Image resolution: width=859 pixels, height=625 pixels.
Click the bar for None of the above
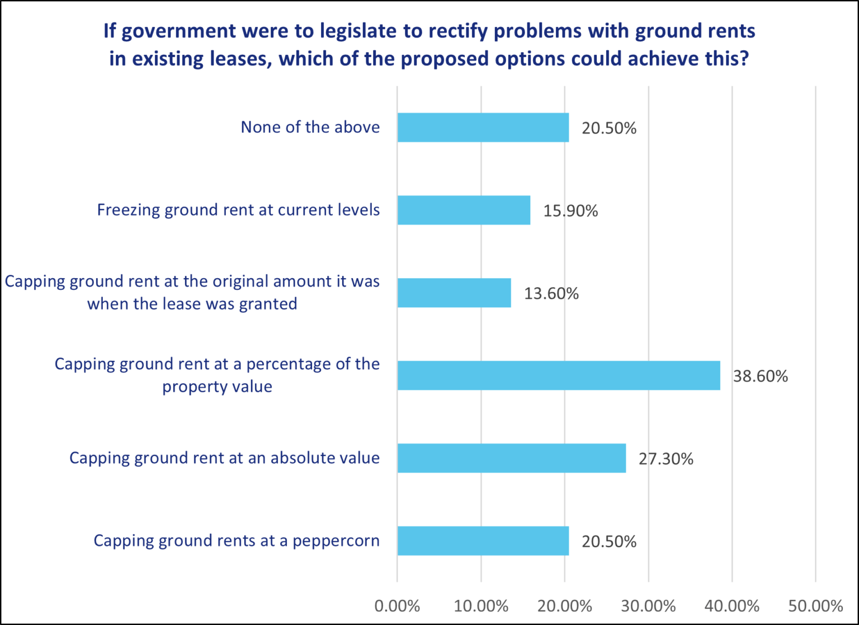click(483, 128)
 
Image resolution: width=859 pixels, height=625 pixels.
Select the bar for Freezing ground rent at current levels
click(464, 210)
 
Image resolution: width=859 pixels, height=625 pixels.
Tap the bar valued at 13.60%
click(454, 293)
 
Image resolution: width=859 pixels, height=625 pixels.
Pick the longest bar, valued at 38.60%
click(558, 375)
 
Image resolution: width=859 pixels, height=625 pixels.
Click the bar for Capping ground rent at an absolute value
click(511, 458)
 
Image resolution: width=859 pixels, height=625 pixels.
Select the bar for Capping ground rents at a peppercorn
click(483, 541)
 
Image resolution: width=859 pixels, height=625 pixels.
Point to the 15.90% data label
click(570, 211)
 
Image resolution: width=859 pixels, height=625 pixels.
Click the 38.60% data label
click(760, 376)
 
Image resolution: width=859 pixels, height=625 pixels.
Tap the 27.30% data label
click(666, 459)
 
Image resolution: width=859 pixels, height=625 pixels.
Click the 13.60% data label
click(551, 293)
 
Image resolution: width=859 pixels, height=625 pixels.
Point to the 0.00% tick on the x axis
click(397, 606)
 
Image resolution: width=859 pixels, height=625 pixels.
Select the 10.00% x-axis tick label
click(481, 606)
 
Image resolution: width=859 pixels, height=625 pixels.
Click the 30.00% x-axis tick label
click(648, 606)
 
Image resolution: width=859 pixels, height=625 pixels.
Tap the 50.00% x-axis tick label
click(815, 606)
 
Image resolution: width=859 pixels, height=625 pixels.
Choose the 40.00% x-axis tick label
click(731, 606)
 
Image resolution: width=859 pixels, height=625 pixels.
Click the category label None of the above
click(310, 127)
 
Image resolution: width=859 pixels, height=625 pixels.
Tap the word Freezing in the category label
click(128, 210)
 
